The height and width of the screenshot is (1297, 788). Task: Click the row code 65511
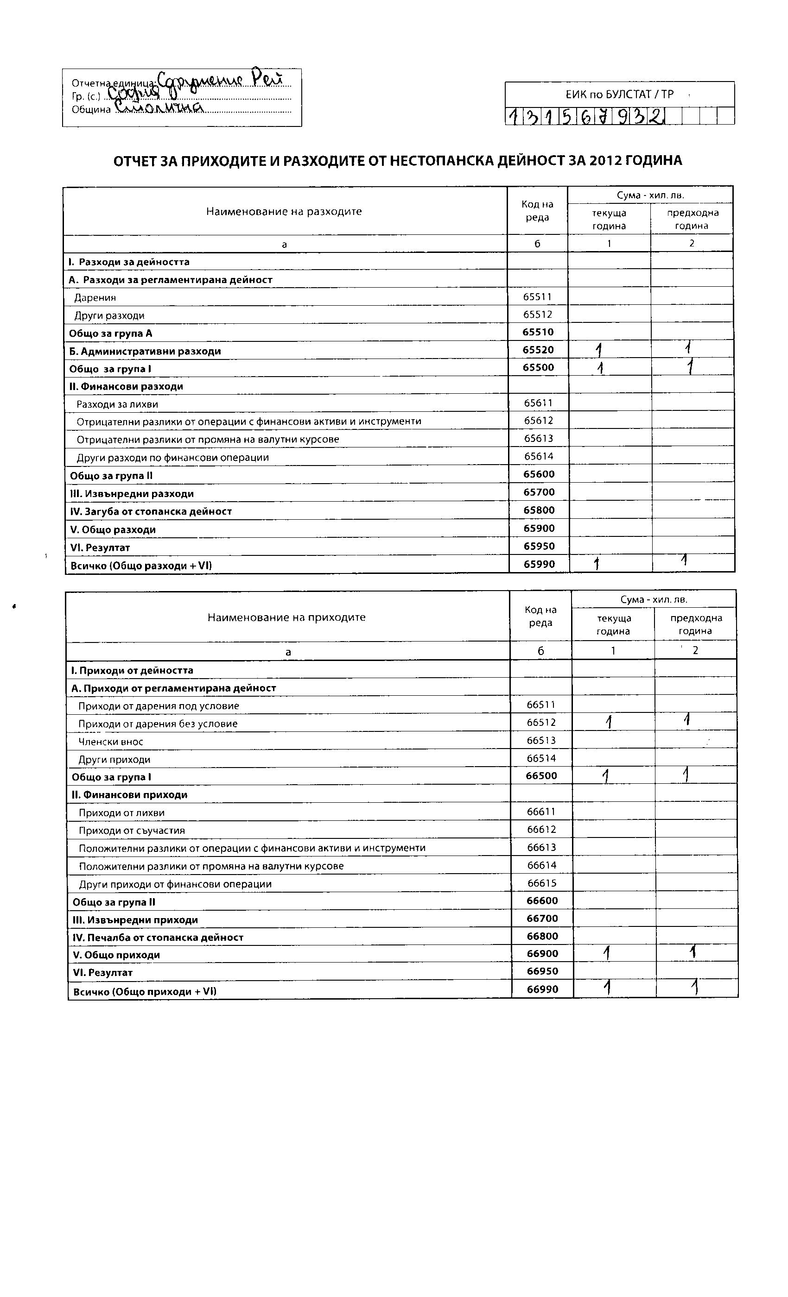point(537,297)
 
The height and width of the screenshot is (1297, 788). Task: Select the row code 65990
point(539,564)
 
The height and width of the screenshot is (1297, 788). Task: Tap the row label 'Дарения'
point(95,298)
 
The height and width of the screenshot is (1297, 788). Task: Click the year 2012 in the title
point(605,161)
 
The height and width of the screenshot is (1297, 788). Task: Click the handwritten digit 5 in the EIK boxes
point(567,116)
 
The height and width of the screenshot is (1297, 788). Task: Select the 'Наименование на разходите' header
point(284,212)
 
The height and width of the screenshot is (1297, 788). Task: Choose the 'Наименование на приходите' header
point(286,617)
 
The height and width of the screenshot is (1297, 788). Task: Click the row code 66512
point(541,723)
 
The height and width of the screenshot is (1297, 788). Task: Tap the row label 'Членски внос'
point(111,742)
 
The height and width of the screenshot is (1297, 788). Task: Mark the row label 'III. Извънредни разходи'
point(132,494)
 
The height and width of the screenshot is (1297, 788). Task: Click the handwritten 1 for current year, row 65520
point(599,350)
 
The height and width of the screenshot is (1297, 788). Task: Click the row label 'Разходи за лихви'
point(117,404)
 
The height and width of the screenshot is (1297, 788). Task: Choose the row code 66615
point(542,883)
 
